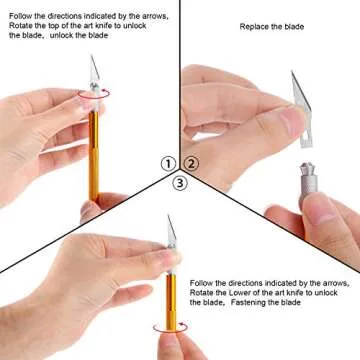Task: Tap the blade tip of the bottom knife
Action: coord(171,219)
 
